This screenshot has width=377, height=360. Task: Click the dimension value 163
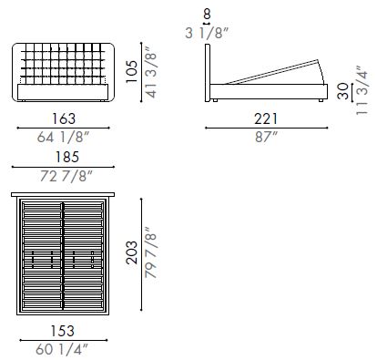pos(63,119)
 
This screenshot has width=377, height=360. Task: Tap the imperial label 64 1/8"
pos(63,138)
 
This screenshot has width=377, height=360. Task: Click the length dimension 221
pos(267,119)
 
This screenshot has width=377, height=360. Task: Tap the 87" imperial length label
pos(267,138)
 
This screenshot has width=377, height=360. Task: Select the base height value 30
pos(341,92)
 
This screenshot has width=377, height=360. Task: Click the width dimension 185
pos(64,158)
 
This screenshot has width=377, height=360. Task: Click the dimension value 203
pos(132,251)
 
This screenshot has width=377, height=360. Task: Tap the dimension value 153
pos(63,331)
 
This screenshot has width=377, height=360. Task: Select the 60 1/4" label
pos(63,347)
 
